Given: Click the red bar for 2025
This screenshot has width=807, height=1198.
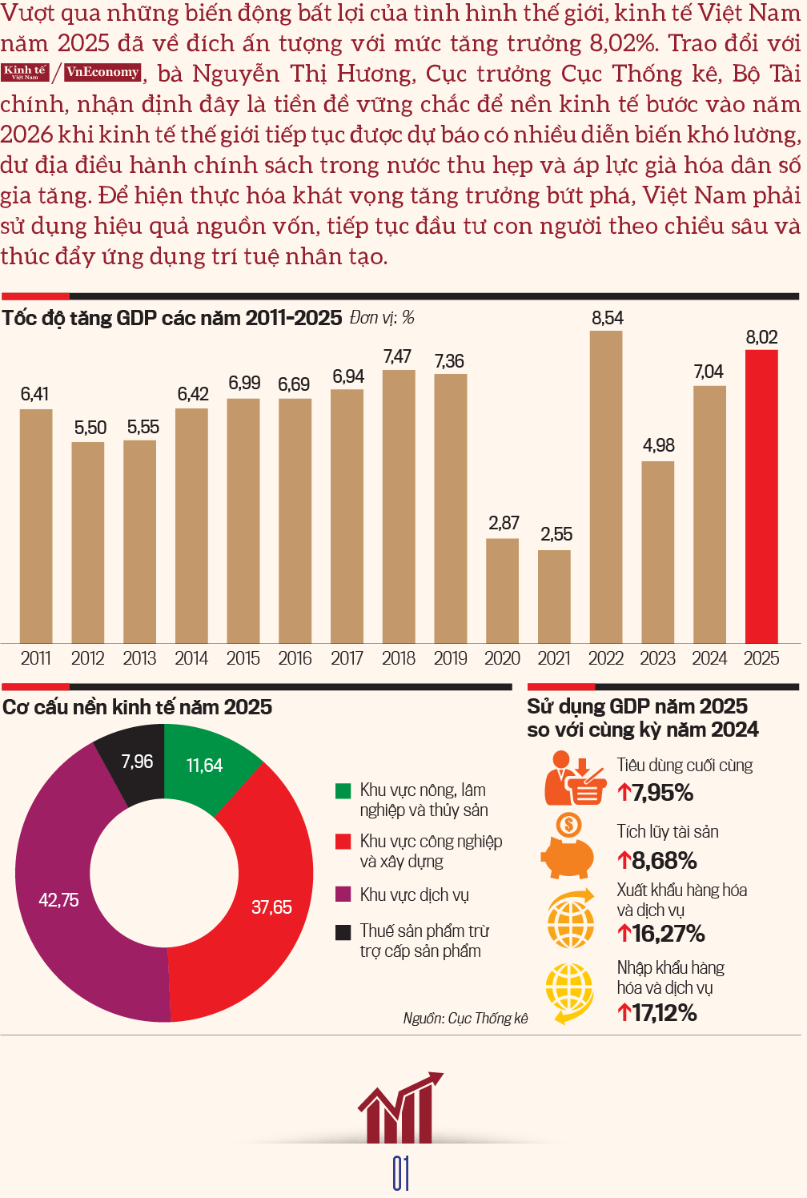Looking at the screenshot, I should click(761, 496).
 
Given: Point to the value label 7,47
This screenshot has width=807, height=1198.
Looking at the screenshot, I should click(397, 356).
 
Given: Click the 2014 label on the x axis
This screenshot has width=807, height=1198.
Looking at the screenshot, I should click(191, 658).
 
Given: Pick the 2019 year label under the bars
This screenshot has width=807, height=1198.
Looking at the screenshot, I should click(450, 658).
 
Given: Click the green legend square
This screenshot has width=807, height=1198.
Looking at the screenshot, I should click(343, 791).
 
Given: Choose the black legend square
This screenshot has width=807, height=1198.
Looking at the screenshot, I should click(343, 932).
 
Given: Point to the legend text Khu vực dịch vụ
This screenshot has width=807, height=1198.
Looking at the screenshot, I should click(414, 895).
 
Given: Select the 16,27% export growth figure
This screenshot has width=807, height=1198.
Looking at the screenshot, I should click(661, 934).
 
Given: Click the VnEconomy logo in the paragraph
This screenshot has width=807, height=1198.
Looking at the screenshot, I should click(102, 72).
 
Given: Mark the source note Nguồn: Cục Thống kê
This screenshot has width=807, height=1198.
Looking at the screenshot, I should click(465, 1019).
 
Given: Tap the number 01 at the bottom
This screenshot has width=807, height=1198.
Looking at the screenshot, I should click(401, 1173).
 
